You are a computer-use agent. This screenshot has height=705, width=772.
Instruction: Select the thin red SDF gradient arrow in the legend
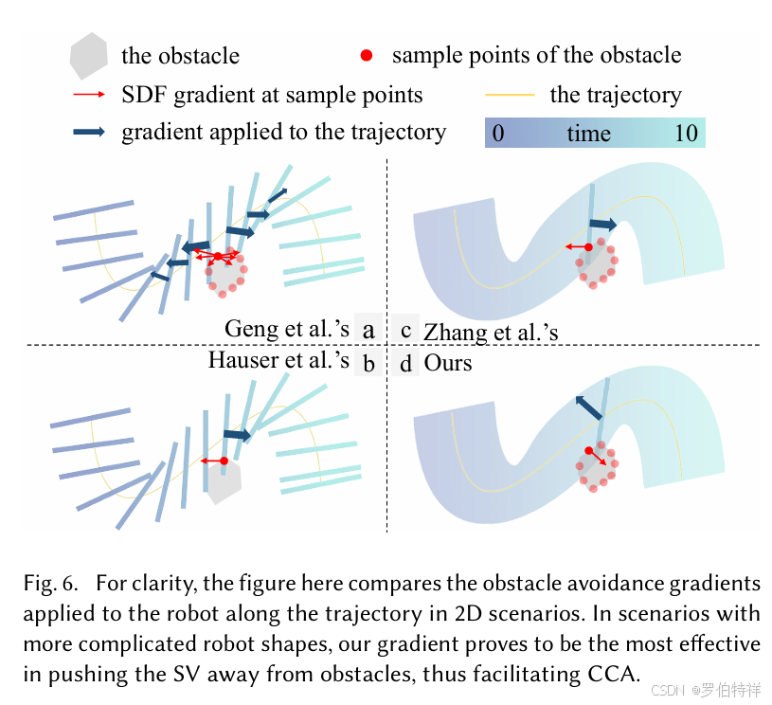point(89,96)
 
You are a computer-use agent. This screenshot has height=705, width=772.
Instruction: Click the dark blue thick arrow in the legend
point(90,133)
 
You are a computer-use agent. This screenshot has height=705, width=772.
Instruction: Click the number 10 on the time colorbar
point(686,134)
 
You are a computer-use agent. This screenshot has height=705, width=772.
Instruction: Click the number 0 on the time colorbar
point(498,134)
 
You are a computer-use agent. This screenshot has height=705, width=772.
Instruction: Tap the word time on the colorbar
point(588,134)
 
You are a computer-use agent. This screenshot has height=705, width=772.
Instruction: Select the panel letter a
point(368,330)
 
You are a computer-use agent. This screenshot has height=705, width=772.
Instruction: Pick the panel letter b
point(368,362)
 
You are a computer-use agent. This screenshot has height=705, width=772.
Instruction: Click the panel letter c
point(405,330)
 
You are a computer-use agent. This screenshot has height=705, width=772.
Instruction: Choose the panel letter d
point(405,362)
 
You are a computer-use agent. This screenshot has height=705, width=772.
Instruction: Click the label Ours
point(448,362)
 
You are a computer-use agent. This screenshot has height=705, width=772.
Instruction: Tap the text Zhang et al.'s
point(491,332)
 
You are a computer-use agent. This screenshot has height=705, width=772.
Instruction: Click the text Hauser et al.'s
point(278,361)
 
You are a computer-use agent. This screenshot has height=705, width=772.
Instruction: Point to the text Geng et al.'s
point(287,329)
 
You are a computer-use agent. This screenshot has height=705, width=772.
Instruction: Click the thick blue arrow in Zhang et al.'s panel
point(602,225)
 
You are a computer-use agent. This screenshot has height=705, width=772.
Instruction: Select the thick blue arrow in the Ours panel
point(588,408)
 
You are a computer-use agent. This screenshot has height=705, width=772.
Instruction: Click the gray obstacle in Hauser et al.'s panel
point(224,483)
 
